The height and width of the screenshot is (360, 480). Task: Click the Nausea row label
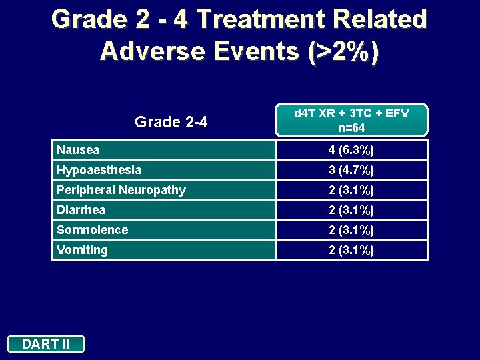click(x=78, y=150)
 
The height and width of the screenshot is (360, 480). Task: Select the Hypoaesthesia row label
click(x=99, y=170)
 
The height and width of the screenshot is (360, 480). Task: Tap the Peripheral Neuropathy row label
click(x=121, y=190)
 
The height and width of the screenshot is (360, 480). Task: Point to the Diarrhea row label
click(x=81, y=210)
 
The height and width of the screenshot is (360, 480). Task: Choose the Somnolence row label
click(x=92, y=230)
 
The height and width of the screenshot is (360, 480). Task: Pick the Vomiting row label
click(x=82, y=250)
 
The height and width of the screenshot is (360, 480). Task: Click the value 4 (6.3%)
click(x=351, y=150)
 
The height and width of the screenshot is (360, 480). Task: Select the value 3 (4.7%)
click(x=351, y=170)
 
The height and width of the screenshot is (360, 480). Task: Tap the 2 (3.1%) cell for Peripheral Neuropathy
click(x=351, y=190)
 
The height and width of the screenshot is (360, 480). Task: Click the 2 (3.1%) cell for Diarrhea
click(x=351, y=210)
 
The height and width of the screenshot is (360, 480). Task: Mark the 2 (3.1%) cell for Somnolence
click(x=351, y=230)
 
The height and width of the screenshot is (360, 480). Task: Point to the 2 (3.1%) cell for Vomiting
click(x=351, y=250)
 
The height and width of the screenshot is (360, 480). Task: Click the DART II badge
click(x=46, y=344)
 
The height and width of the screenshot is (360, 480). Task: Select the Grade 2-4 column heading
click(x=171, y=122)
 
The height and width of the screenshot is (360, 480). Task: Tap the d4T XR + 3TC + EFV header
click(x=351, y=113)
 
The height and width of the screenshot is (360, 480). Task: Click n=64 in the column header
click(x=351, y=127)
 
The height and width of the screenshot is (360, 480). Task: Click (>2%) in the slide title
click(x=343, y=51)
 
